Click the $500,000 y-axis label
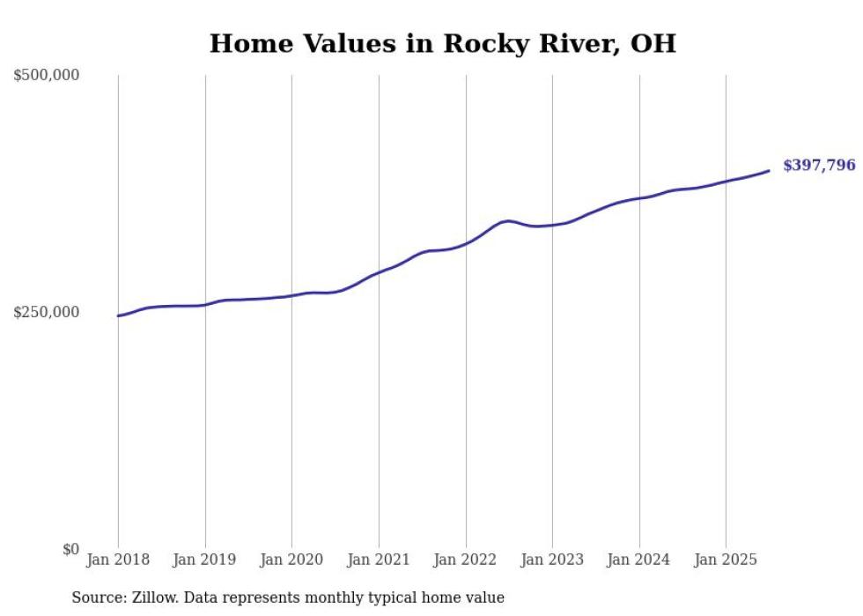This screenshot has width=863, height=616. coord(46,76)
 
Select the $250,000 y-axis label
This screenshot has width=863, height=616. coord(46,312)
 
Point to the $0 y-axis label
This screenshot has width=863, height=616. coord(70,549)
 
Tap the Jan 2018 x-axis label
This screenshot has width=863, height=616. coord(118,560)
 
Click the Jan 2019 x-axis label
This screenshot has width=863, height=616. coord(205,560)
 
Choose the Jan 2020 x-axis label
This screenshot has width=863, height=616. coord(291,560)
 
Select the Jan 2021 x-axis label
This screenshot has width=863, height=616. coord(379,560)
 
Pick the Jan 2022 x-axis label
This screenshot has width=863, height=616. coord(465,560)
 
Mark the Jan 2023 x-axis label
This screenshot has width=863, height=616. coord(552,560)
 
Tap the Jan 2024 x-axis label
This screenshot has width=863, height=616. coord(638,560)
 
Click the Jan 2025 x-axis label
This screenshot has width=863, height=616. coord(726,560)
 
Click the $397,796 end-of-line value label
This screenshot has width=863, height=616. coord(819,165)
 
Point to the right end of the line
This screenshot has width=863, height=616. coord(769,170)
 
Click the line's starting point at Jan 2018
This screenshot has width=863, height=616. coord(118,315)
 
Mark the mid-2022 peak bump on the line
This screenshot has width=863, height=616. coord(508,220)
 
